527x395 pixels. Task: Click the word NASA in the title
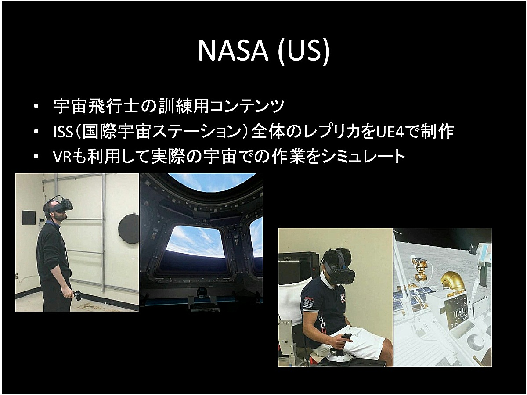(233, 51)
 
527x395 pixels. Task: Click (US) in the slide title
(304, 53)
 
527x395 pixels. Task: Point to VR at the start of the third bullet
(62, 157)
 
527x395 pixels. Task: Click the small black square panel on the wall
(29, 218)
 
